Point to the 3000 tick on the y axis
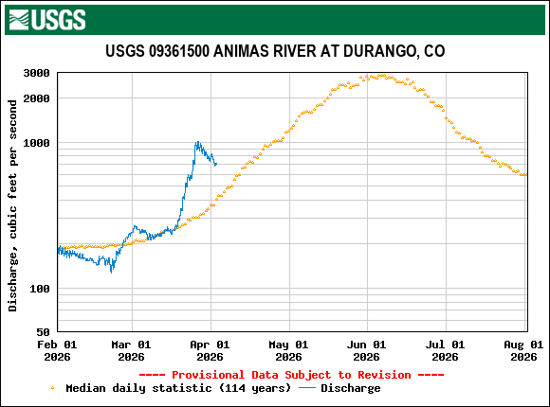pyautogui.click(x=36, y=73)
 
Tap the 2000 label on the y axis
pyautogui.click(x=36, y=98)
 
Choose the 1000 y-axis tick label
pyautogui.click(x=36, y=143)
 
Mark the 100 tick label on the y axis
pyautogui.click(x=40, y=289)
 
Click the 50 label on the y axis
pyautogui.click(x=44, y=332)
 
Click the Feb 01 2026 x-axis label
pyautogui.click(x=58, y=350)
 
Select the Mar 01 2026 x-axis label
pyautogui.click(x=131, y=350)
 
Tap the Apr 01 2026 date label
pyautogui.click(x=210, y=350)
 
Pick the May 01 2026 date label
pyautogui.click(x=287, y=350)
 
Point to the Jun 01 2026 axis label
pyautogui.click(x=366, y=350)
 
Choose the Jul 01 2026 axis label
pyautogui.click(x=444, y=350)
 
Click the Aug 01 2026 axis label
pyautogui.click(x=523, y=350)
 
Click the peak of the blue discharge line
pyautogui.click(x=196, y=143)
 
